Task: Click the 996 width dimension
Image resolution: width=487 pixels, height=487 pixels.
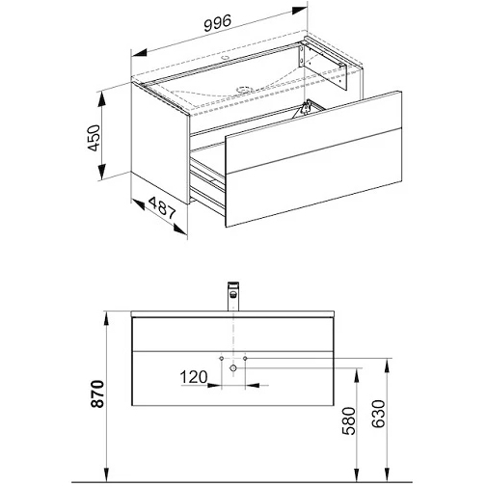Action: (x=218, y=23)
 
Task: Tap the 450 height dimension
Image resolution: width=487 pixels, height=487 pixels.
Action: (x=95, y=138)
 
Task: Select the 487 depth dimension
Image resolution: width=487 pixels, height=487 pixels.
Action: (x=162, y=208)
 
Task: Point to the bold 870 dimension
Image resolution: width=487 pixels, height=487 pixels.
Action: (x=97, y=393)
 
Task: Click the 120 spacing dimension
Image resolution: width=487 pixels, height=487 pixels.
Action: (x=194, y=377)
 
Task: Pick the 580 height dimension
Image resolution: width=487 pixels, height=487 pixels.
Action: (x=348, y=420)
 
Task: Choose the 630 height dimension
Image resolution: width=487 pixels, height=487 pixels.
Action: (x=378, y=414)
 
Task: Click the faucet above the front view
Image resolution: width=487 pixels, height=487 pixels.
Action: (x=233, y=296)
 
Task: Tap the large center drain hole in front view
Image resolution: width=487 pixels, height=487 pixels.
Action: (x=233, y=367)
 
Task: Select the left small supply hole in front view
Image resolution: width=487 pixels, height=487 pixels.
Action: (x=221, y=358)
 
